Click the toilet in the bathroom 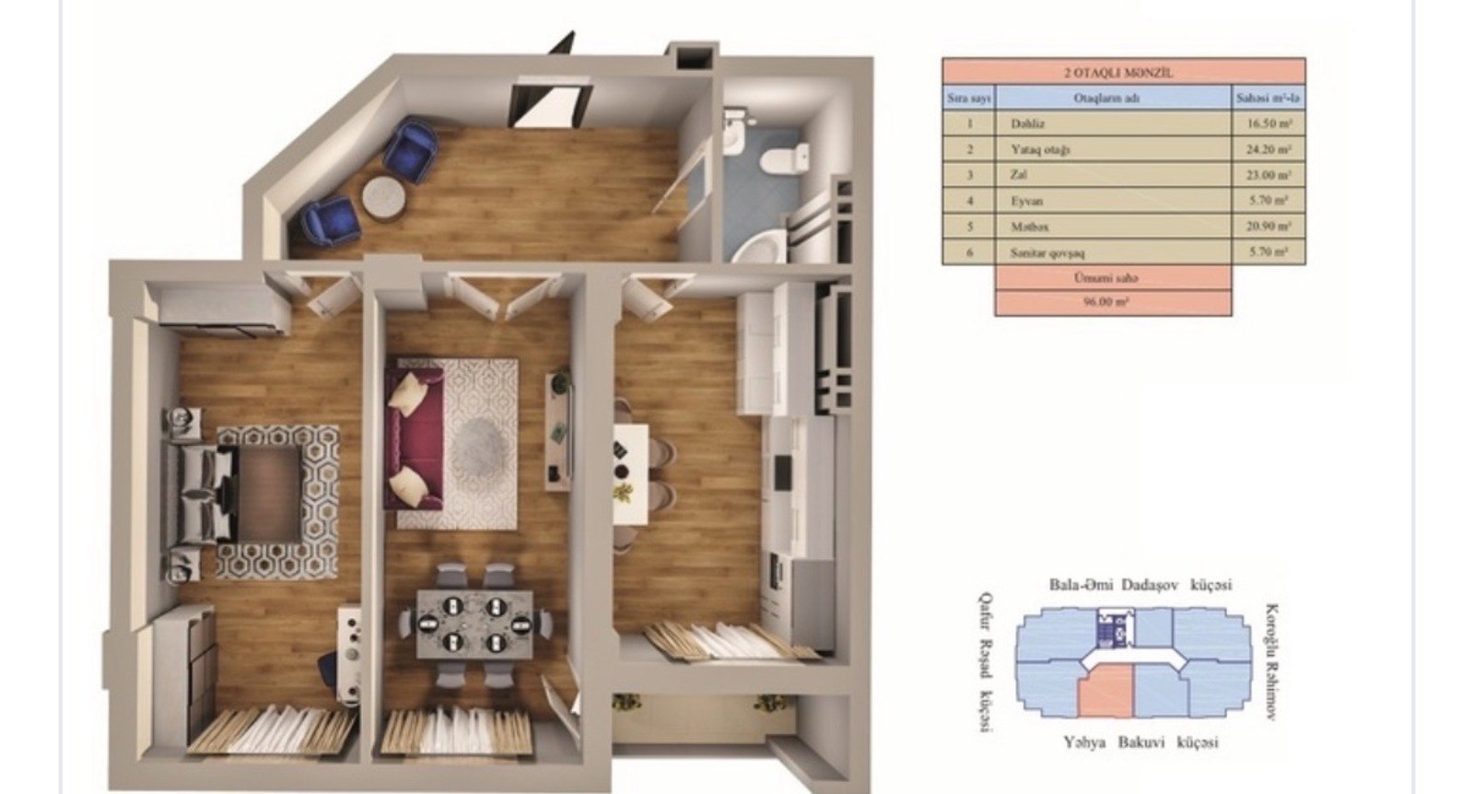pos(784,158)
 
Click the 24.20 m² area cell pos(1269,149)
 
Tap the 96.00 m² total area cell pos(1113,301)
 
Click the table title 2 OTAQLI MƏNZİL pos(1123,72)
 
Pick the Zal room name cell pos(1018,174)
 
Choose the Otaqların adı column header pos(1113,98)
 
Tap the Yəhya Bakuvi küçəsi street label pos(1141,742)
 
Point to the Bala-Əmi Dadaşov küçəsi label pos(1141,585)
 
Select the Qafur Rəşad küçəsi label pos(987,661)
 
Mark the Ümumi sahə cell pos(1113,277)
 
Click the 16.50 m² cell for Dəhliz pos(1269,123)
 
